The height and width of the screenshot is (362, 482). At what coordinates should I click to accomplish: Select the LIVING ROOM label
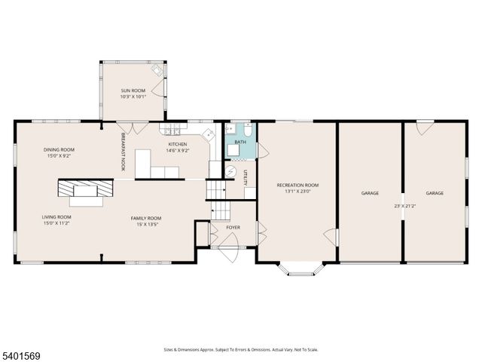(x=56, y=217)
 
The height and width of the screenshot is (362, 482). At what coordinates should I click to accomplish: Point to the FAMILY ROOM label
(x=148, y=218)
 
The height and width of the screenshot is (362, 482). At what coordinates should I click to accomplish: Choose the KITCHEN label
(x=178, y=144)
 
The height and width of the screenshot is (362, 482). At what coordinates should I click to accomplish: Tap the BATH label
(x=240, y=142)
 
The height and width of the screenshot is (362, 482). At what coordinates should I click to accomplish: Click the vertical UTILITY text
(x=246, y=178)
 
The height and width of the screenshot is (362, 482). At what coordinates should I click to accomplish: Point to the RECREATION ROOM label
(x=297, y=185)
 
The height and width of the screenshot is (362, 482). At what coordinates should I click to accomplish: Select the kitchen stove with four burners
(x=208, y=135)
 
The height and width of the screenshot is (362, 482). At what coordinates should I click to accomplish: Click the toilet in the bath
(x=249, y=128)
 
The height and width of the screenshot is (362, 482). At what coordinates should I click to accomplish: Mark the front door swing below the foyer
(x=229, y=243)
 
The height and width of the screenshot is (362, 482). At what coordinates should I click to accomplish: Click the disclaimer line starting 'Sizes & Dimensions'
(x=241, y=349)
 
